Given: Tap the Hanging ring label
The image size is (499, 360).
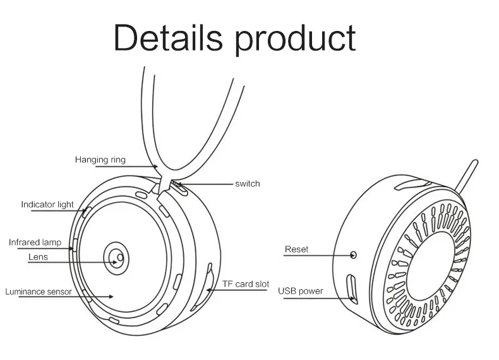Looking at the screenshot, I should coord(100,160).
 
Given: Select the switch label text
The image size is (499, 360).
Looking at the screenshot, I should coord(247,184).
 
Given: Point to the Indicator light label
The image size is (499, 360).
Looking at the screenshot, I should coord(47,205).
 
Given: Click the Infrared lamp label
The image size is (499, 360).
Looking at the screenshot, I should coord(35,242).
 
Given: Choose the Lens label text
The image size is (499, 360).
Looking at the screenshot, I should coord(38,257).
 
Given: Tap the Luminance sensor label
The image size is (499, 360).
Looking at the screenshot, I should coord(38,292).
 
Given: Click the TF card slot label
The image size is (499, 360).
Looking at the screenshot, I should coord(246,284).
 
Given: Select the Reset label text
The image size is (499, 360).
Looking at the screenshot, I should coord(296,249).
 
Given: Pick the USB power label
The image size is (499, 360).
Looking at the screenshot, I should coord(300,291).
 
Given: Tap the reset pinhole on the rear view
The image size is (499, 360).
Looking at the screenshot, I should coord(353,255).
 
